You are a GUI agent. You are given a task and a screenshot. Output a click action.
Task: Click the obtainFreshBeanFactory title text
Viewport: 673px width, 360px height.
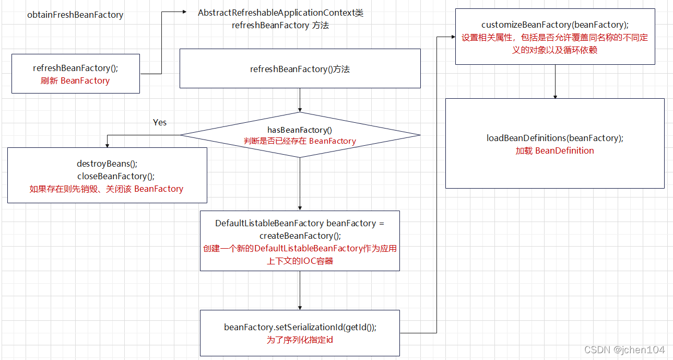click(x=75, y=15)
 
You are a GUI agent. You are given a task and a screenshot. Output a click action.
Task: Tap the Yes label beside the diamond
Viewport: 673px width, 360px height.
click(x=160, y=122)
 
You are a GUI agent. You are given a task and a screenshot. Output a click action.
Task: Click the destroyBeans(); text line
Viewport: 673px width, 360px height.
click(x=107, y=164)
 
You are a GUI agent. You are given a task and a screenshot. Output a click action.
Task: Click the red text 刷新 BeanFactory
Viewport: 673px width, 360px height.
click(x=75, y=80)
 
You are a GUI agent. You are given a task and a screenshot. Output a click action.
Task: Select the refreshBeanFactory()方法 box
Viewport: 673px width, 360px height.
click(x=300, y=68)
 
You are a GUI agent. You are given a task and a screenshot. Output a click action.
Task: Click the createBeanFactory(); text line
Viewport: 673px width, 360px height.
click(x=300, y=236)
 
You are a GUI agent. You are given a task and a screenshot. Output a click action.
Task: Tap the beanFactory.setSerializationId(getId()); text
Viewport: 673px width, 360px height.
click(x=300, y=327)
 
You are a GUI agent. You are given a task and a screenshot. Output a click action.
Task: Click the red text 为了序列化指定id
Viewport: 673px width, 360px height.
click(x=300, y=340)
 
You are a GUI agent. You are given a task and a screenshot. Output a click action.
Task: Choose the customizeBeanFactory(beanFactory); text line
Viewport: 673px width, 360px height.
click(x=554, y=25)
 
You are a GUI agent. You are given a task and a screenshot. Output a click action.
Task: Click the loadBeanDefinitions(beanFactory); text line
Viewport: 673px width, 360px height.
click(x=554, y=138)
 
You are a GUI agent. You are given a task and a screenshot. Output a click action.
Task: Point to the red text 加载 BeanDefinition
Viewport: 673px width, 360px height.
click(x=554, y=150)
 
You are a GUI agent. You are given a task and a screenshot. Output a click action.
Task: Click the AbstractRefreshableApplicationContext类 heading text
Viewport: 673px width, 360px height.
click(x=280, y=13)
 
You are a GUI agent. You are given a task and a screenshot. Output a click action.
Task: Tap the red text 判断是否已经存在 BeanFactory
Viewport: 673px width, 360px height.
click(x=300, y=141)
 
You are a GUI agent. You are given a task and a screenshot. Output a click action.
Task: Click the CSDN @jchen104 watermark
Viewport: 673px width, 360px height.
click(x=624, y=350)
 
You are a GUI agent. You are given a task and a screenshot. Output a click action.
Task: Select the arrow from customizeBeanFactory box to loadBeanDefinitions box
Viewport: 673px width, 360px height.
click(x=555, y=82)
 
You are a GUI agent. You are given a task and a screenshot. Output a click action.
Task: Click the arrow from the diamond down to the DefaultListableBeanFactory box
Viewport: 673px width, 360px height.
click(x=300, y=183)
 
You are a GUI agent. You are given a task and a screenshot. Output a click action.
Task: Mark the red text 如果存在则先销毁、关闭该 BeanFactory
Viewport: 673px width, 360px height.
click(x=107, y=189)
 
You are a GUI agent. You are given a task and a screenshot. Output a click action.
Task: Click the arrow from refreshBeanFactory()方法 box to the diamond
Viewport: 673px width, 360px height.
click(x=300, y=100)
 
